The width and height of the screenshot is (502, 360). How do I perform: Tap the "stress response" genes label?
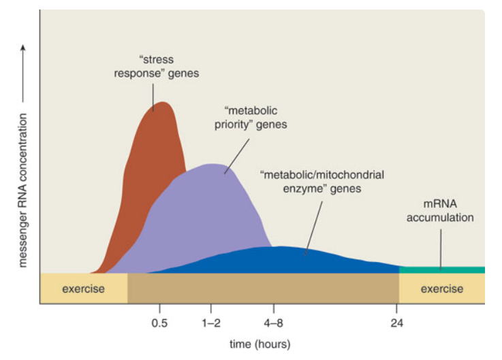click(x=156, y=66)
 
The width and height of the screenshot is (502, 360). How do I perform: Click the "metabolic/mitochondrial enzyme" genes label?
click(x=322, y=181)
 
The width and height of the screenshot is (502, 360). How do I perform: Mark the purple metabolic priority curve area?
click(x=204, y=211)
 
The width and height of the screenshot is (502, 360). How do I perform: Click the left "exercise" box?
click(x=83, y=289)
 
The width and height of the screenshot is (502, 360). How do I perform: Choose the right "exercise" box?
click(x=441, y=289)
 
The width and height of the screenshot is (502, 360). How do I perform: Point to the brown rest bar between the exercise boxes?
click(x=262, y=289)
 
